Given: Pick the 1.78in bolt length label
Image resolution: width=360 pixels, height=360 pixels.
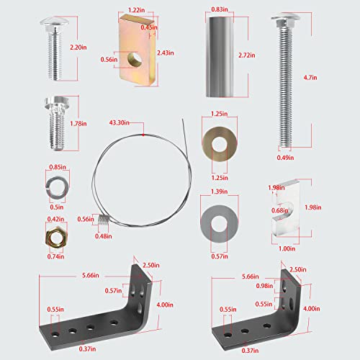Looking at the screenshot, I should tap(79, 123).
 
